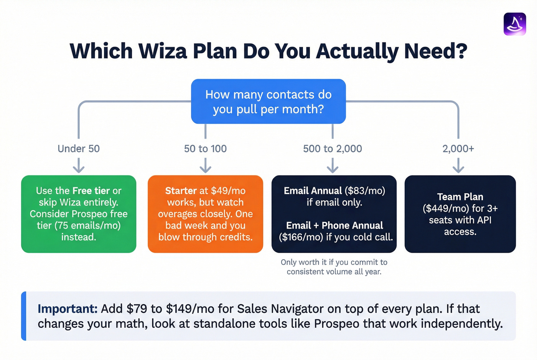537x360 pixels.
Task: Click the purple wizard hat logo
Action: pyautogui.click(x=514, y=24)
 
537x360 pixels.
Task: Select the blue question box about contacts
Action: pyautogui.click(x=268, y=102)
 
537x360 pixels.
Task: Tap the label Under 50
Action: pyautogui.click(x=79, y=149)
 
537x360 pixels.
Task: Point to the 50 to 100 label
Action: pyautogui.click(x=205, y=149)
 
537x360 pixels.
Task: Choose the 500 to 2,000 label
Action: pyautogui.click(x=332, y=149)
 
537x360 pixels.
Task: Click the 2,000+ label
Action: pyautogui.click(x=458, y=149)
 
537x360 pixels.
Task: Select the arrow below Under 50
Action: pyautogui.click(x=79, y=166)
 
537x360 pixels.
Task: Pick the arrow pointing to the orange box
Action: pyautogui.click(x=205, y=166)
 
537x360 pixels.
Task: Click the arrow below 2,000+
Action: pyautogui.click(x=458, y=166)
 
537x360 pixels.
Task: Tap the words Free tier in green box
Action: pyautogui.click(x=91, y=191)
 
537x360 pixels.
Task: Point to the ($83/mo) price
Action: pyautogui.click(x=365, y=191)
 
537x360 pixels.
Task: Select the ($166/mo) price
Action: pyautogui.click(x=301, y=237)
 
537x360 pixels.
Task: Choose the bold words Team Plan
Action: pyautogui.click(x=460, y=197)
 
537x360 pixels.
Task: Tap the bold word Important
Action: pyautogui.click(x=68, y=309)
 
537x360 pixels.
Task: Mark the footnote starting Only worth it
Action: pyautogui.click(x=334, y=267)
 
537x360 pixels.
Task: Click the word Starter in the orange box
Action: pyautogui.click(x=181, y=191)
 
